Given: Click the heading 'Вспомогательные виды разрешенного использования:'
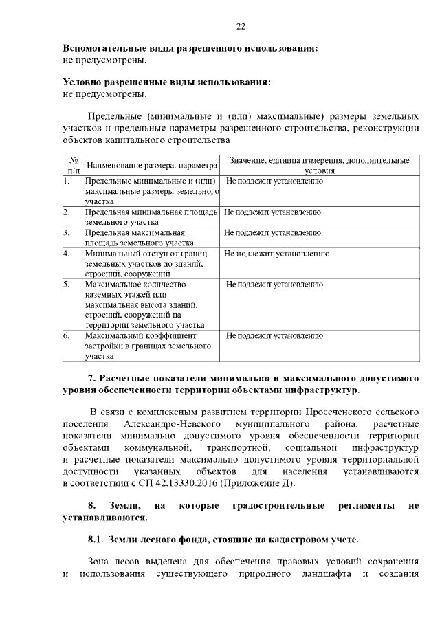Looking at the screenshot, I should [x=190, y=49].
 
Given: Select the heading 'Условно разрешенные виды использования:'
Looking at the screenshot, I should [x=166, y=82].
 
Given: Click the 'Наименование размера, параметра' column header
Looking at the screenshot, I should [x=151, y=166].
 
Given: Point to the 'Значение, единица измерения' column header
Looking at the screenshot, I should [x=319, y=165].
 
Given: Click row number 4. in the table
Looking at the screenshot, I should [x=67, y=254].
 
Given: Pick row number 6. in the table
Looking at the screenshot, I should [x=67, y=335].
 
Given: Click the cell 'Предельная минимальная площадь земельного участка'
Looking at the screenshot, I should [x=151, y=217].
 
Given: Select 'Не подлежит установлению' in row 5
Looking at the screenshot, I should [x=274, y=284].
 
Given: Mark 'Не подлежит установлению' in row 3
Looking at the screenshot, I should [x=272, y=233].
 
